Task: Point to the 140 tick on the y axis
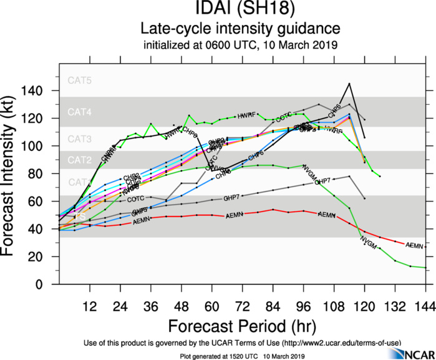tap(42, 91)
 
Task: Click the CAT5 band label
tap(80, 80)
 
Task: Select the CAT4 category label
tap(80, 113)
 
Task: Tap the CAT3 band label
tap(80, 139)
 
